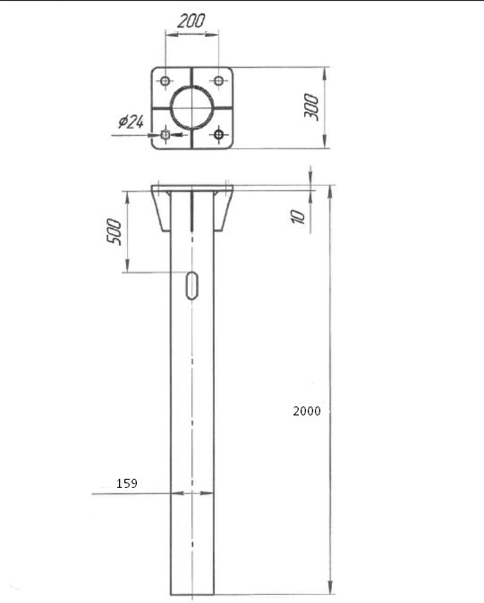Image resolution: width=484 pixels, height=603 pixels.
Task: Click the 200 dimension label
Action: point(191,21)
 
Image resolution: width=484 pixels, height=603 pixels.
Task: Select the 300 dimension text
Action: point(311,106)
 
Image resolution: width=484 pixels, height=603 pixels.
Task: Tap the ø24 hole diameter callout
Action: point(131,121)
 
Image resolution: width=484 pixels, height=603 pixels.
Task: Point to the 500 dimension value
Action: point(114,231)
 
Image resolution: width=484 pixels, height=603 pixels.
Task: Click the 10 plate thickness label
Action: point(298,216)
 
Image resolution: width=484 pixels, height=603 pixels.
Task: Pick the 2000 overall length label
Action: point(307,411)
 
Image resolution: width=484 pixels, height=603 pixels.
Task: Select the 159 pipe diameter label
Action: point(127,483)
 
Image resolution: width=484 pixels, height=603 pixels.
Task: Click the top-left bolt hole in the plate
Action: point(166,81)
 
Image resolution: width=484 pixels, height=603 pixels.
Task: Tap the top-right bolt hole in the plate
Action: point(218,81)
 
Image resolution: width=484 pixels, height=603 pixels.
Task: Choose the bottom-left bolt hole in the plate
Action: point(166,135)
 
